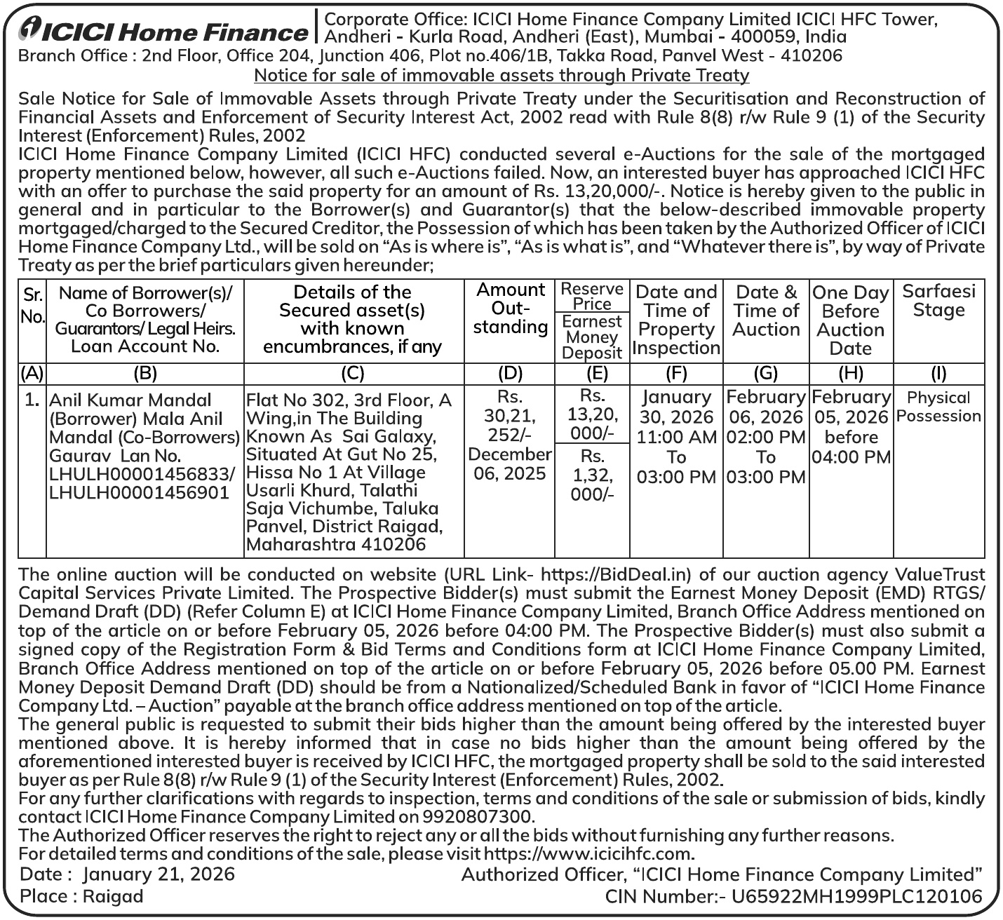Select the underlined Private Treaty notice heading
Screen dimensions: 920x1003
502,75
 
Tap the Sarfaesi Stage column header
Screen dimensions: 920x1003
938,300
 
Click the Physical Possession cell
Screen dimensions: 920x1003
938,407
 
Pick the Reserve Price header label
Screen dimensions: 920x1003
592,296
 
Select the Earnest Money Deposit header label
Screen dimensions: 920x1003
592,337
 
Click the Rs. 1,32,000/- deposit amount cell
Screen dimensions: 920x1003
592,475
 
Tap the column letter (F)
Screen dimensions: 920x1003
676,373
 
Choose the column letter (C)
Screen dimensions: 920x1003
354,373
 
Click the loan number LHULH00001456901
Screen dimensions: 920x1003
140,492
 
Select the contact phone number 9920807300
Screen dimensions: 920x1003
477,816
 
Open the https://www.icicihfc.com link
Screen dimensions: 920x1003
588,854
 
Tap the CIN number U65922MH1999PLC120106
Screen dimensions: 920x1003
856,896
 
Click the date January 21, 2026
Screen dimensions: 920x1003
159,874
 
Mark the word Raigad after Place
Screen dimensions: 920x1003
112,896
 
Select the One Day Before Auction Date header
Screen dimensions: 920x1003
851,320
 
